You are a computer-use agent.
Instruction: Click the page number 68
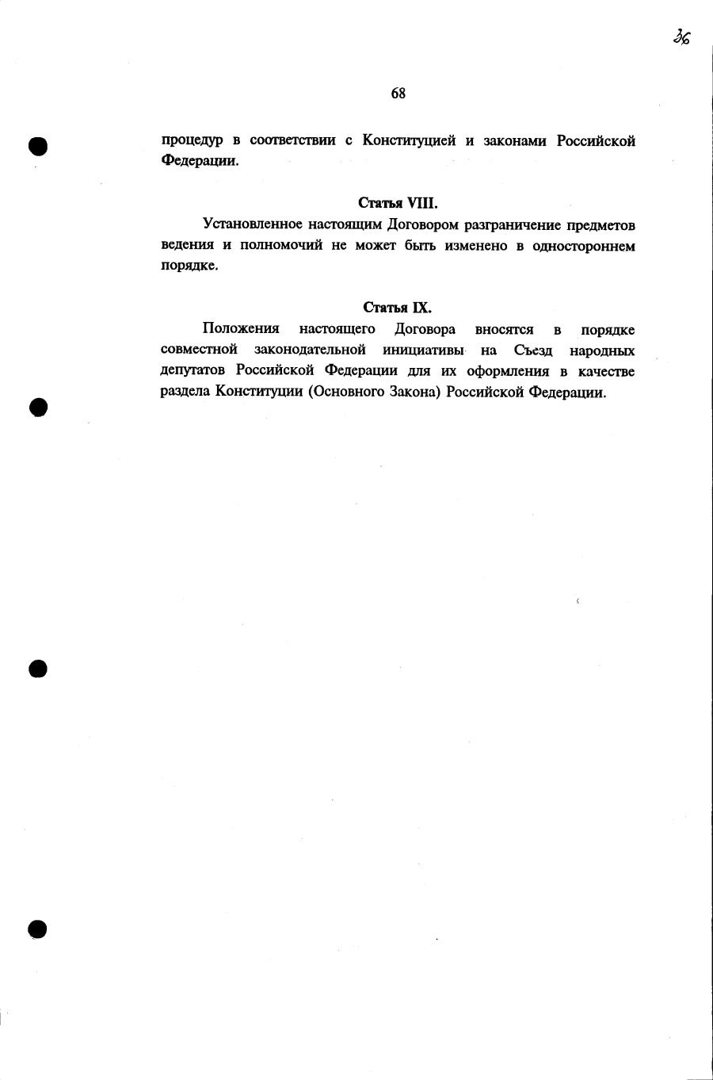[398, 94]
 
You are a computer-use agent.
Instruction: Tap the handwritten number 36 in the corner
[681, 37]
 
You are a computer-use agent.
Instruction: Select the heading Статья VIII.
[398, 203]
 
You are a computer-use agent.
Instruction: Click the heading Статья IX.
[398, 308]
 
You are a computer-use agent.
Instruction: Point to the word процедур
[193, 142]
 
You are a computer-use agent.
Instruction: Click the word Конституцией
[409, 141]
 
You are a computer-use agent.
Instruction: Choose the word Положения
[241, 329]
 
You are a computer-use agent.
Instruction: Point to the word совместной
[199, 350]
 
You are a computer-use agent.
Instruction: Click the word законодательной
[310, 350]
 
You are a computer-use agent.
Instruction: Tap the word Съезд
[532, 350]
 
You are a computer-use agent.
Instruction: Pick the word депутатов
[193, 371]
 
